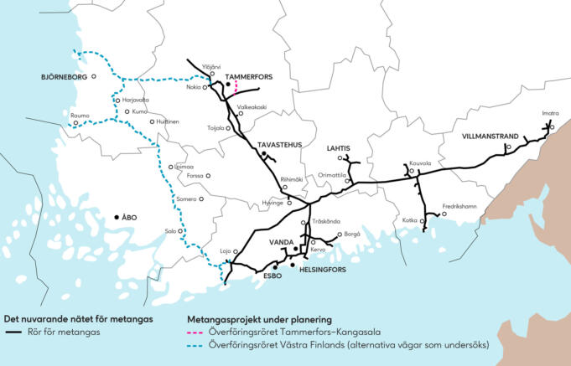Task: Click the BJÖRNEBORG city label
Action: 63,77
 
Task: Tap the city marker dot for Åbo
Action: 117,218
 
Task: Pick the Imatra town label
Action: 550,113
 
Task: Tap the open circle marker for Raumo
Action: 75,123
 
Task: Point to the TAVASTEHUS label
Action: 279,145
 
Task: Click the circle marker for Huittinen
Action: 152,121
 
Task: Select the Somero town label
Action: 186,199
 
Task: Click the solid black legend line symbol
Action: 13,332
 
